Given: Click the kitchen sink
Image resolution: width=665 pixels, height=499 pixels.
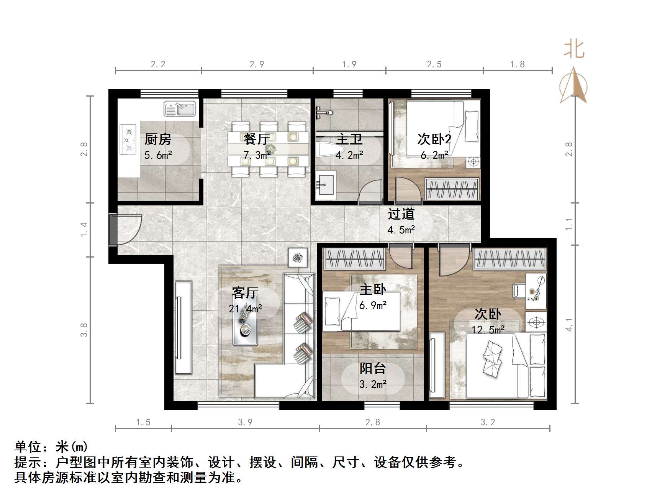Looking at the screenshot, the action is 180,108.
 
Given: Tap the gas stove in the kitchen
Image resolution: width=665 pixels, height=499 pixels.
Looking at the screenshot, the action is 128,140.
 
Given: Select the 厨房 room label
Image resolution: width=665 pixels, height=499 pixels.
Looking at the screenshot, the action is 158,139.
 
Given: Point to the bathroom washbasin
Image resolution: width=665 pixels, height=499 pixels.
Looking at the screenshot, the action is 326,185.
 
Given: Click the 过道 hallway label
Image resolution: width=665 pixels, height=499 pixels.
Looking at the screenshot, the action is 401,213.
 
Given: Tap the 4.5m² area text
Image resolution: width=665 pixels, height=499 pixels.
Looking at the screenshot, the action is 401,230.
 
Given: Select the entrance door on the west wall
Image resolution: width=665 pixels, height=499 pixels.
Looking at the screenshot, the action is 125,230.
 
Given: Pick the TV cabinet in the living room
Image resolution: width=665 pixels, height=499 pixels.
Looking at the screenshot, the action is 183,327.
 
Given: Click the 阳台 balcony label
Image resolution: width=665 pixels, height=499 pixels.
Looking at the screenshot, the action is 373,368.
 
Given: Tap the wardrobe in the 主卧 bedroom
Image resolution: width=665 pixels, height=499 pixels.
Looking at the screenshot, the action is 355,259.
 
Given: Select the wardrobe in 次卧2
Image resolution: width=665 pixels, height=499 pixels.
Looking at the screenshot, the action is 452,189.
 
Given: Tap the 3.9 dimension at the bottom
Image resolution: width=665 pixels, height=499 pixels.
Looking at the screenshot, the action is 245,422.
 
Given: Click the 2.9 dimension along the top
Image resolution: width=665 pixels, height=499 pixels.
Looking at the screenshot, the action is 257,64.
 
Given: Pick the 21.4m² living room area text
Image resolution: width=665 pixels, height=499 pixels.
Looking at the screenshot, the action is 246,308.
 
